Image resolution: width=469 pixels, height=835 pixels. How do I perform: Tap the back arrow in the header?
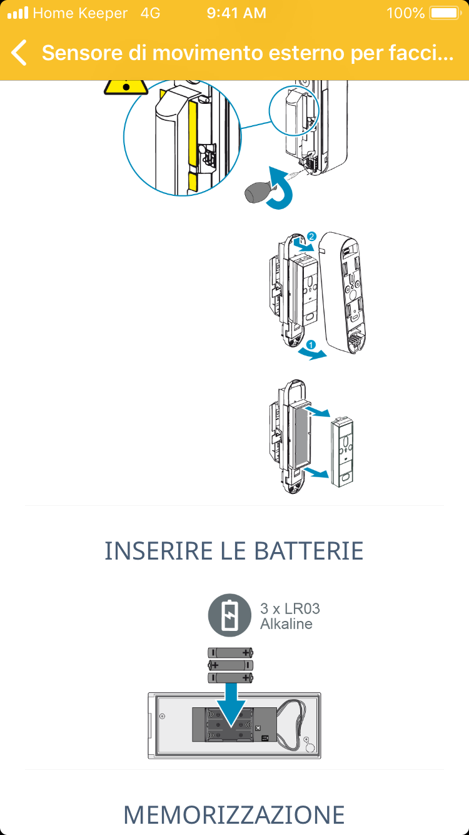tap(19, 53)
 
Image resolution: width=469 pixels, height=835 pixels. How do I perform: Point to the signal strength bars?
tap(18, 13)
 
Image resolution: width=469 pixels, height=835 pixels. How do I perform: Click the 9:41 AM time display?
tap(236, 13)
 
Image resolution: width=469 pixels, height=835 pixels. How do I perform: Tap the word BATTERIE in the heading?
tap(309, 551)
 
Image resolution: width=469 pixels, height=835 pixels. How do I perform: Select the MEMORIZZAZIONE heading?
tap(234, 814)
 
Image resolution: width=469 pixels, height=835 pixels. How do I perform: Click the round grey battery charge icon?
tap(229, 615)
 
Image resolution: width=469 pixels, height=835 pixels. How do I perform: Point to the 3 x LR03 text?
tap(290, 608)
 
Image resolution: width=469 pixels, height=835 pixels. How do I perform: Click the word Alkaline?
tap(286, 624)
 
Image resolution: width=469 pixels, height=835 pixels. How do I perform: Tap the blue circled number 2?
tap(311, 237)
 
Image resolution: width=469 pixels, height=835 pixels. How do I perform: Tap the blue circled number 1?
tap(311, 345)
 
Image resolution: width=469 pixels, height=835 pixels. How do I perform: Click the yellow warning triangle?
tap(126, 87)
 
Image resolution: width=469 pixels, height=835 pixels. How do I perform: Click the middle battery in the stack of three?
tap(231, 665)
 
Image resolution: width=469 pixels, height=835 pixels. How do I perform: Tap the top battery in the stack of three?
tap(231, 652)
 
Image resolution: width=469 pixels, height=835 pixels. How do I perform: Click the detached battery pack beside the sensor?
tap(341, 452)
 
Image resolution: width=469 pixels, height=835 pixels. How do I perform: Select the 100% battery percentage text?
tap(405, 13)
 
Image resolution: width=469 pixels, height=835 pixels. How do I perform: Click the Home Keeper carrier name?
tap(80, 13)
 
